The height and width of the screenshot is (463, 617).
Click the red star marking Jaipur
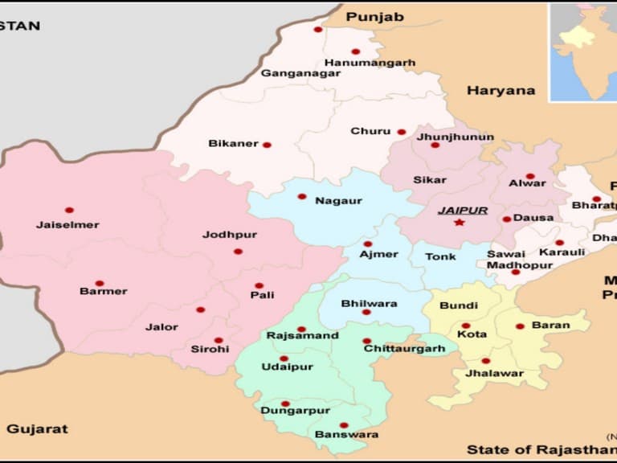(x=459, y=223)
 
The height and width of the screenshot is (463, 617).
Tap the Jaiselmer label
(x=67, y=225)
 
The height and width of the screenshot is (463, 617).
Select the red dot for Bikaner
(x=267, y=145)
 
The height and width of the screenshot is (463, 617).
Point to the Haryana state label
(x=501, y=91)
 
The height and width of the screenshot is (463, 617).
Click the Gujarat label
(x=37, y=429)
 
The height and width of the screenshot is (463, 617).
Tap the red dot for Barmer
(x=99, y=284)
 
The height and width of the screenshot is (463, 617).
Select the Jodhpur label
(x=230, y=235)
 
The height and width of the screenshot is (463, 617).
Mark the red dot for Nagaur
(x=302, y=196)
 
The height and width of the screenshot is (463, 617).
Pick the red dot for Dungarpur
(x=285, y=404)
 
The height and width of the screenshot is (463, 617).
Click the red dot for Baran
(x=520, y=326)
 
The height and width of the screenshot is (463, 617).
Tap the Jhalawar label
(x=494, y=373)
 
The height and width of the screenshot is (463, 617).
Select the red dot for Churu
(x=401, y=132)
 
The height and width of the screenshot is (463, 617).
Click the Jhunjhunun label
(x=456, y=137)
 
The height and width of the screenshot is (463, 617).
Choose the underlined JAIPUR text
(x=462, y=211)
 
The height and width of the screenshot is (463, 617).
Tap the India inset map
(x=582, y=51)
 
